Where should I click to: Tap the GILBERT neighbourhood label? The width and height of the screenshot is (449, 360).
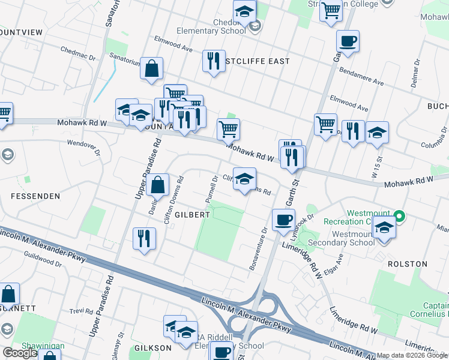click(x=193, y=214)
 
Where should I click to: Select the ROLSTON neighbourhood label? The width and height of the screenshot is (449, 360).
click(x=407, y=264)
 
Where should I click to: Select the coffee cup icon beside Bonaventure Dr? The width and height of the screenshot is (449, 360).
click(x=283, y=219)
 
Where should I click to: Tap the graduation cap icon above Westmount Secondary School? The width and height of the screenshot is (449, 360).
click(x=384, y=228)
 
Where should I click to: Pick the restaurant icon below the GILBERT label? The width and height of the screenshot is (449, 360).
click(x=145, y=239)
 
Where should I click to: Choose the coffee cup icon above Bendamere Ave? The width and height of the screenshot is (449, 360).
click(x=348, y=41)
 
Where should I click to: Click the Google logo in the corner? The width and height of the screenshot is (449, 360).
click(x=20, y=353)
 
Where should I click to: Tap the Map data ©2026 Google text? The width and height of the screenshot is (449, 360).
click(x=412, y=355)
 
